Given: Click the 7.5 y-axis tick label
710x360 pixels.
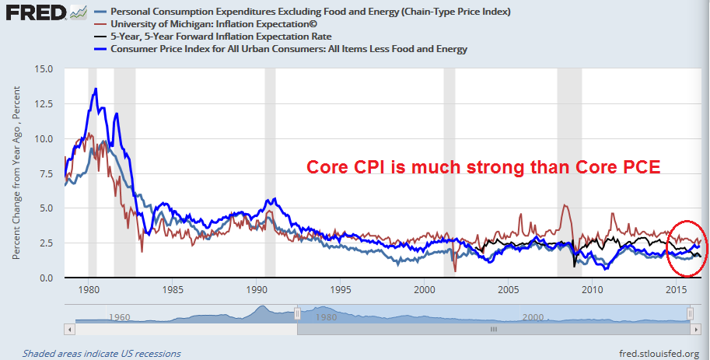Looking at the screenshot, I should [44, 173].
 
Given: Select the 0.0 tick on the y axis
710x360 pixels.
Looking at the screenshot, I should [44, 278].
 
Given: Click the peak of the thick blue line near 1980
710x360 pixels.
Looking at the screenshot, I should [96, 89].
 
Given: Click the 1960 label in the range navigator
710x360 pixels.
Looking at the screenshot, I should [118, 317].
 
